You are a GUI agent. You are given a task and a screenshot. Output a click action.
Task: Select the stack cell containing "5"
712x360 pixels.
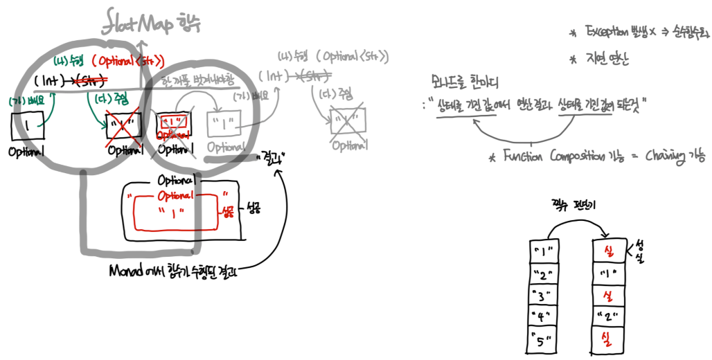[542, 341]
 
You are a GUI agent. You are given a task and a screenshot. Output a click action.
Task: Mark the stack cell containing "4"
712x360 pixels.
[542, 318]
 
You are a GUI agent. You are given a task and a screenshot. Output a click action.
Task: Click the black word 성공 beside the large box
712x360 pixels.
[253, 208]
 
